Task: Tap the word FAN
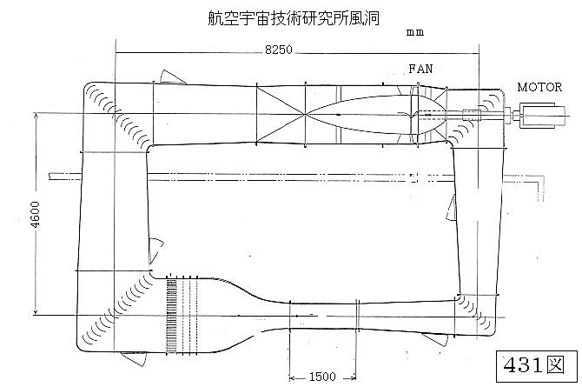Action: pos(420,69)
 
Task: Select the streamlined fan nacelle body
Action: pos(365,114)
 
